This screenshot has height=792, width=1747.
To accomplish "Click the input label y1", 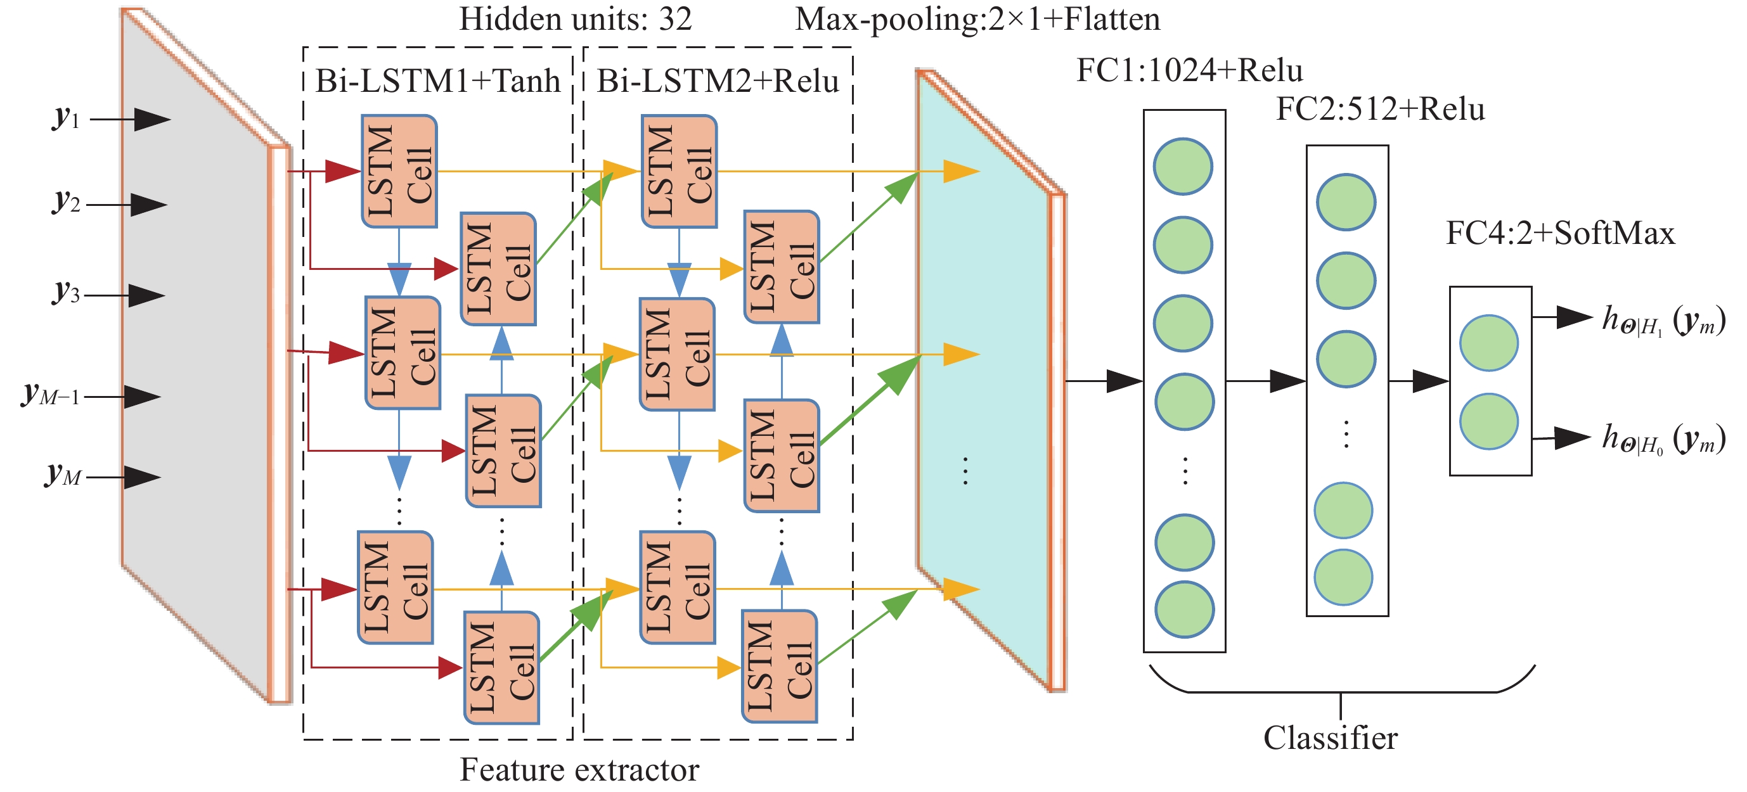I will (x=67, y=118).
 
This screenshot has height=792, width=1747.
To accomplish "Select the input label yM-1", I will (x=51, y=395).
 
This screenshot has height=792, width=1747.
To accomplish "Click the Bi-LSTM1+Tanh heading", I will (x=438, y=81).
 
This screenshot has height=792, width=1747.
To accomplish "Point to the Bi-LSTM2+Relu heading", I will (x=718, y=81).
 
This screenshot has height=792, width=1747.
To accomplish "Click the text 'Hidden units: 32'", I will (x=575, y=19).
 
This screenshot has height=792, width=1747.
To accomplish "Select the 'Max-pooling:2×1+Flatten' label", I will (x=977, y=19).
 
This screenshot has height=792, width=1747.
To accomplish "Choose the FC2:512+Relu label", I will (x=1380, y=109).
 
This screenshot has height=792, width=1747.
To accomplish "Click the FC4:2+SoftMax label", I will (x=1560, y=233).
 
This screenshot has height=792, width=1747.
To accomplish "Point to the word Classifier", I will (x=1330, y=738).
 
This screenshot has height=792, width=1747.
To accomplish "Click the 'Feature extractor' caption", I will (x=579, y=770).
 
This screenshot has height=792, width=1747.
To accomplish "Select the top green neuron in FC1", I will (x=1183, y=167).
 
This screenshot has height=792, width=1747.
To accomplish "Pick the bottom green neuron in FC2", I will (x=1343, y=577).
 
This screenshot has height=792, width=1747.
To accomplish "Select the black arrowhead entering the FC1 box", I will (x=1125, y=381).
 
